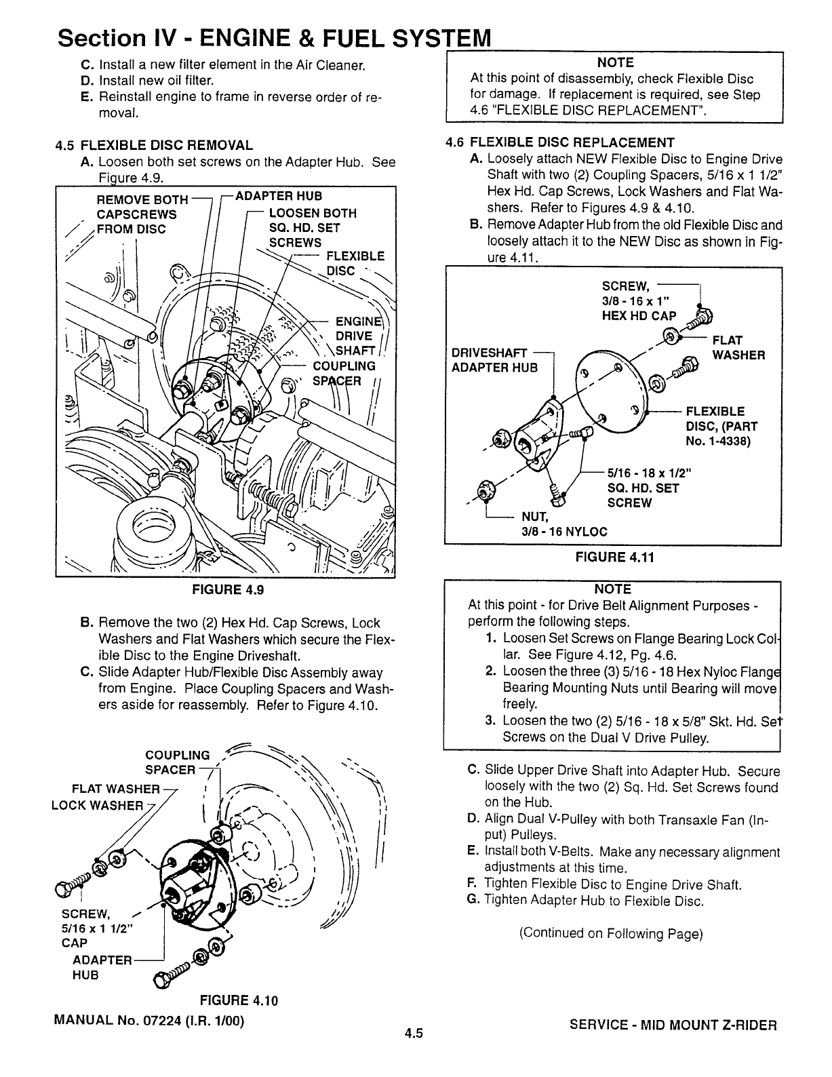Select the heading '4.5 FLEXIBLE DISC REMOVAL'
click(x=155, y=145)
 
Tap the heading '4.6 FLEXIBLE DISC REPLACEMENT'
click(x=559, y=142)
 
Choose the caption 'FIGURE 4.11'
click(x=612, y=557)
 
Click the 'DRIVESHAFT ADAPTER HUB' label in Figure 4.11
click(x=494, y=359)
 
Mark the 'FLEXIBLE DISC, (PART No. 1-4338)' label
click(x=721, y=427)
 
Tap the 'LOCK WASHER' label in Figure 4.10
click(x=98, y=806)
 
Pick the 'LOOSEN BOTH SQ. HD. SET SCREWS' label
click(x=312, y=228)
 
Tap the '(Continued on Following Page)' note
click(x=611, y=933)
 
